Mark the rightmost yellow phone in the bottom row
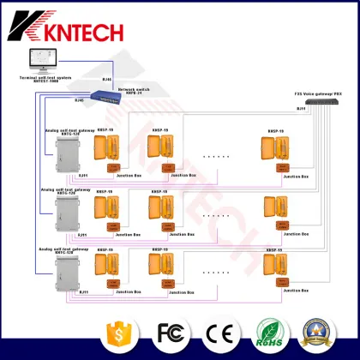tap(274, 268)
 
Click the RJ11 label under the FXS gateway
tap(301, 111)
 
